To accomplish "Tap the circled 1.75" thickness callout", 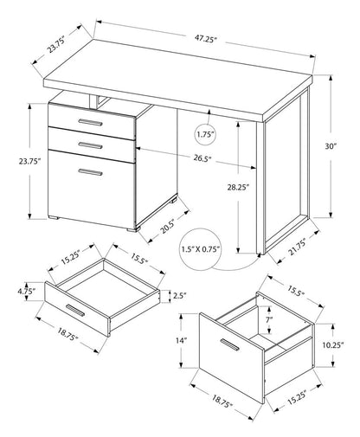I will pyautogui.click(x=205, y=135).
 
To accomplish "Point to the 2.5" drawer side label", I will pyautogui.click(x=179, y=296).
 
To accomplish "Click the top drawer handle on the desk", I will pyautogui.click(x=89, y=124).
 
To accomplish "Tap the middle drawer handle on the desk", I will pyautogui.click(x=89, y=144).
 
